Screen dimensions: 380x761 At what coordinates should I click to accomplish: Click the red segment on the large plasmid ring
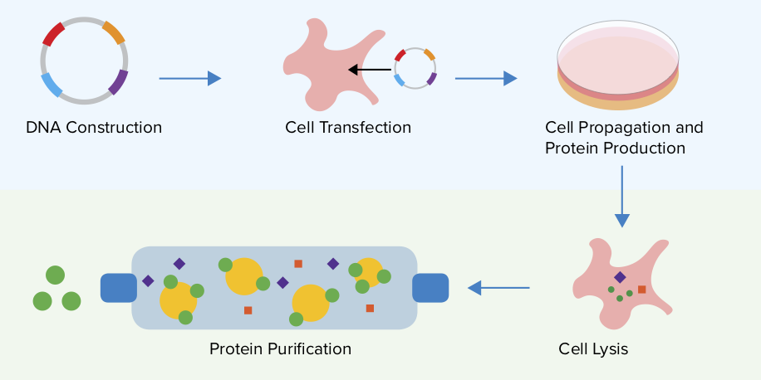click(54, 34)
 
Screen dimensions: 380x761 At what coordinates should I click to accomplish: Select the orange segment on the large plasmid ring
click(114, 32)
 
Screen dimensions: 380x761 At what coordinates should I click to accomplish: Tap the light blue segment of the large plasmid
click(52, 85)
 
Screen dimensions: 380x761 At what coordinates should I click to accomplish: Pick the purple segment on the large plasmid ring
click(118, 82)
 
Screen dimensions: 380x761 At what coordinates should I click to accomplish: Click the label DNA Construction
click(94, 128)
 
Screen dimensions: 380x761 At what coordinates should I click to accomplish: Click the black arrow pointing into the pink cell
click(369, 70)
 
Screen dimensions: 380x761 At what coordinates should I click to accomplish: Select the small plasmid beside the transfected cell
click(415, 68)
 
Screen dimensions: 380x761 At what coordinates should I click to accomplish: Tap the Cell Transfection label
click(348, 128)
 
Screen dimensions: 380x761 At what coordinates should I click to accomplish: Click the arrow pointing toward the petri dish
click(486, 79)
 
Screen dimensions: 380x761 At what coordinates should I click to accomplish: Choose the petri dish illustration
click(617, 67)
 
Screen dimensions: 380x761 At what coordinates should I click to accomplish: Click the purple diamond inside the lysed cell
click(620, 277)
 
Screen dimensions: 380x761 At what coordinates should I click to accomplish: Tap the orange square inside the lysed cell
click(642, 290)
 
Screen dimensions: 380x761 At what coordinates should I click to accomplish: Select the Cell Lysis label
click(593, 349)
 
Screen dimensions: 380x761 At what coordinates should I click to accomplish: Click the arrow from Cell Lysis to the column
click(498, 288)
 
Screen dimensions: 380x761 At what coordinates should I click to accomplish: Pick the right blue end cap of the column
click(430, 287)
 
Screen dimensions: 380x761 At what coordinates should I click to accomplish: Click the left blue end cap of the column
click(119, 287)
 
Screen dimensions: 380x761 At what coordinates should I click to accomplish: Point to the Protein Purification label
click(280, 349)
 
